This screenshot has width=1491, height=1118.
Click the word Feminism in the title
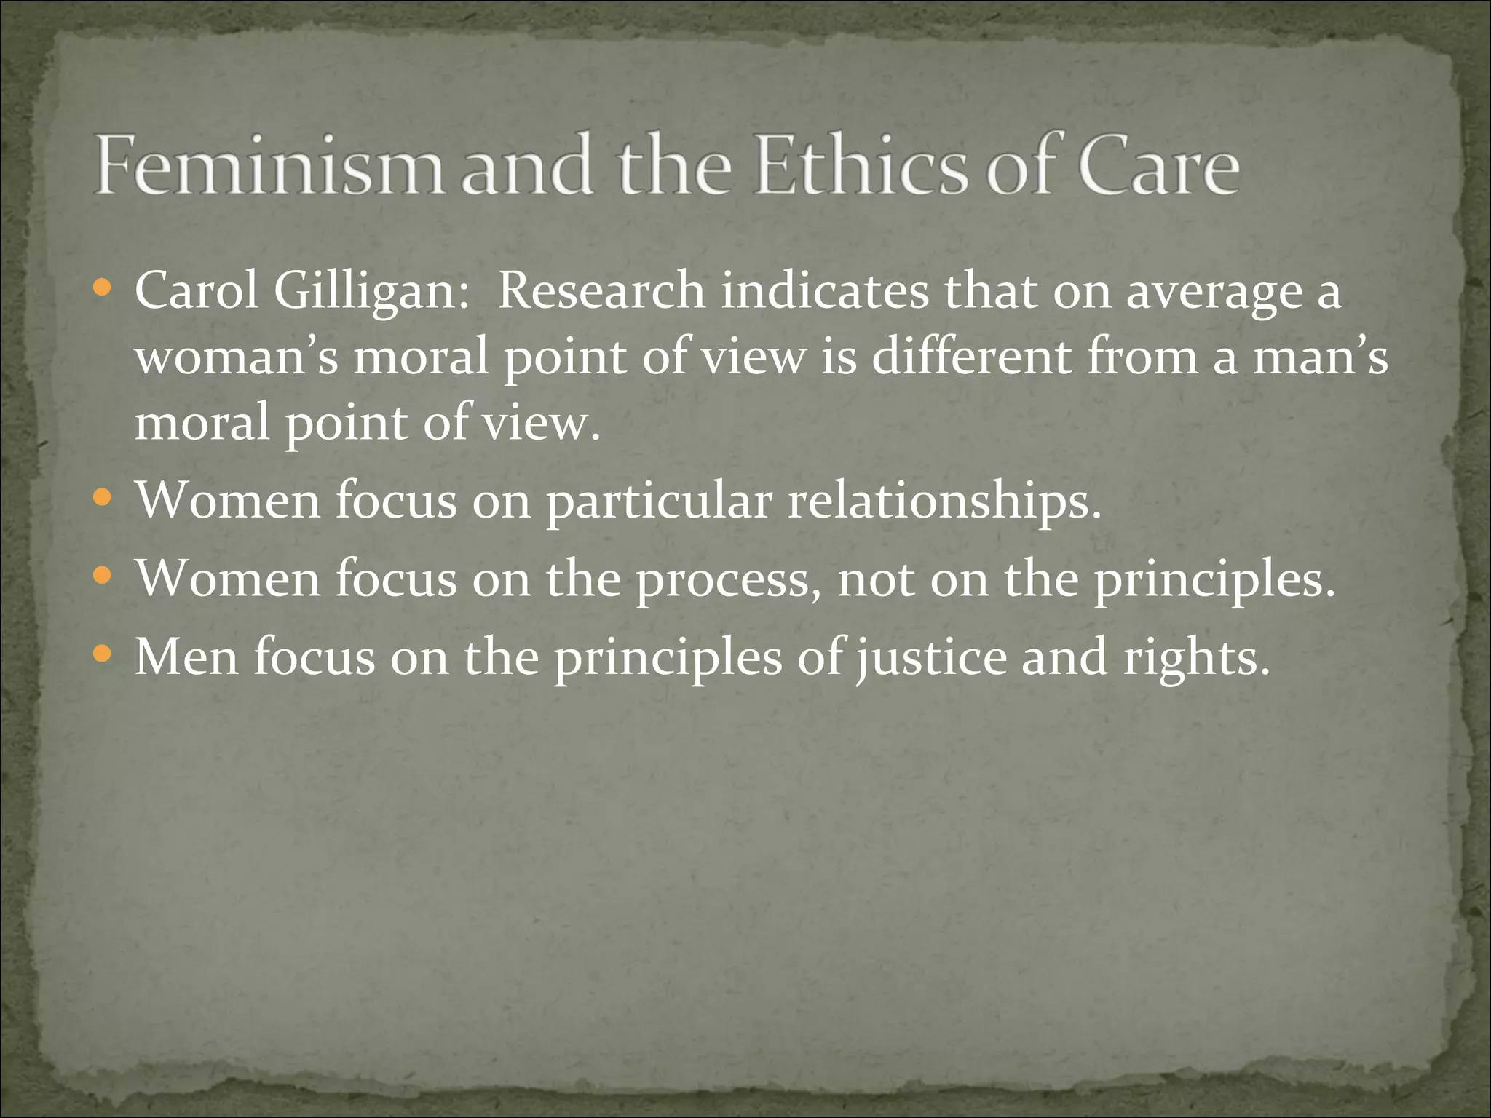(x=268, y=166)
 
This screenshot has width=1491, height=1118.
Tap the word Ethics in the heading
(x=862, y=166)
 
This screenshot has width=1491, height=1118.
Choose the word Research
(x=601, y=291)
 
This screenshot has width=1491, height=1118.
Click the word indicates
(x=825, y=291)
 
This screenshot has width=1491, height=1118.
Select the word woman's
(x=237, y=358)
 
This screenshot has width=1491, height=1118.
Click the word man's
(x=1320, y=358)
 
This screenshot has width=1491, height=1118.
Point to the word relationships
(x=945, y=502)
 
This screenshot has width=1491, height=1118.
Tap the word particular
(x=659, y=502)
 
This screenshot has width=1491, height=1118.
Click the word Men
(x=186, y=657)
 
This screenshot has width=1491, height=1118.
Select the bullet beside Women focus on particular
(x=103, y=499)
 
